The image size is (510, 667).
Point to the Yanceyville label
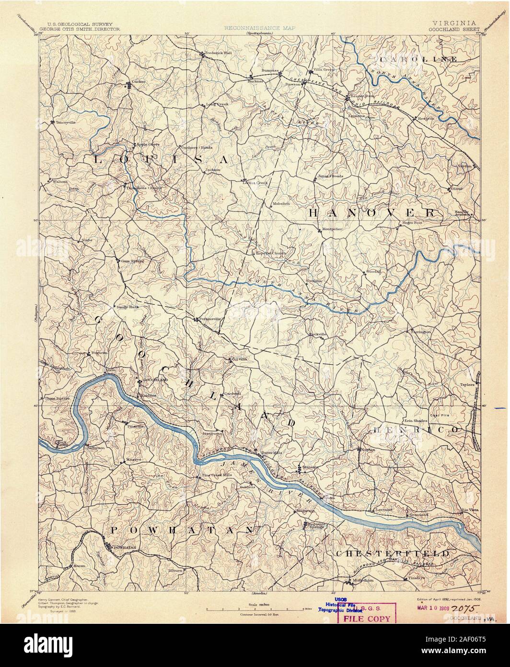point(66,122)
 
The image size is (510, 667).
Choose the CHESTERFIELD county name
point(392,553)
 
